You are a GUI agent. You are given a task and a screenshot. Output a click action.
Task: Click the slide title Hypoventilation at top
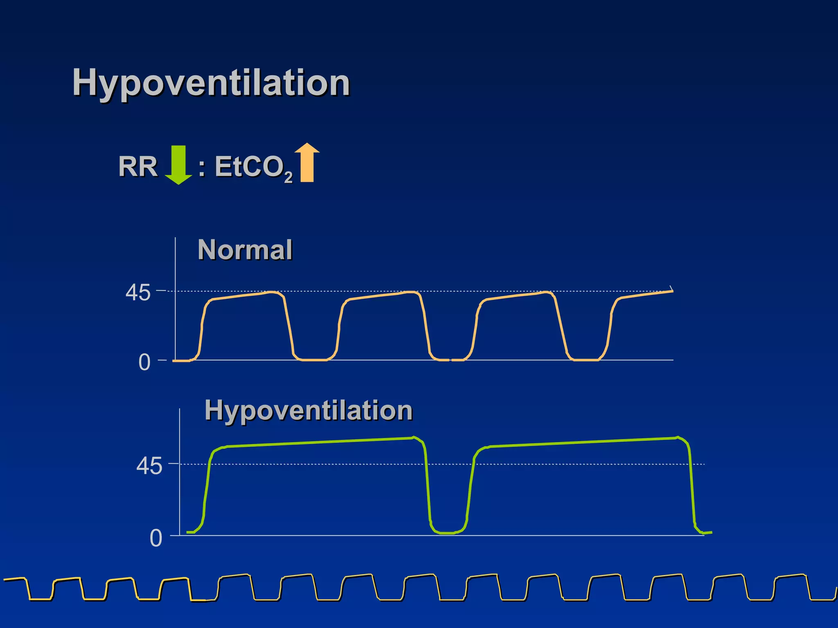(x=211, y=83)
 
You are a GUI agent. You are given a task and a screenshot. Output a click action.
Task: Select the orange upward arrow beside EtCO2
(x=307, y=163)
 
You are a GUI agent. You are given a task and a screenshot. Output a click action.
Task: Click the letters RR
(x=138, y=167)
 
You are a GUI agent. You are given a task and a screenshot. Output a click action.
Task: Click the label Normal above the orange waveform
(x=245, y=250)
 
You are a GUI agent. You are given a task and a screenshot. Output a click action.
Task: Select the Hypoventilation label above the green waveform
(x=309, y=410)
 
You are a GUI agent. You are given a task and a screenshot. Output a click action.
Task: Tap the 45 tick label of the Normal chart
(x=138, y=293)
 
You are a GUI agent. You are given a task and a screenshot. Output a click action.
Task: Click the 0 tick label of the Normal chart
(x=144, y=362)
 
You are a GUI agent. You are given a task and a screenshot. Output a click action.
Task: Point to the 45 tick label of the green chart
(x=149, y=466)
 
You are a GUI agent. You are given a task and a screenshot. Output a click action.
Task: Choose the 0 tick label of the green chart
(x=156, y=538)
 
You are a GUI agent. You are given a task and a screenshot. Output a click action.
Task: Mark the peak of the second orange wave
(x=409, y=292)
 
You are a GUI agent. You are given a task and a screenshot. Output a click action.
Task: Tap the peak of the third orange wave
(x=546, y=292)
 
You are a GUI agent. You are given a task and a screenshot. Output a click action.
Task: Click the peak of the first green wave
(x=414, y=437)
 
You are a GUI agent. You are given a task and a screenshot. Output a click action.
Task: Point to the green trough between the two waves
(x=448, y=533)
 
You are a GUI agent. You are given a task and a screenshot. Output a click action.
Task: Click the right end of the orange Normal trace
(x=672, y=291)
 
